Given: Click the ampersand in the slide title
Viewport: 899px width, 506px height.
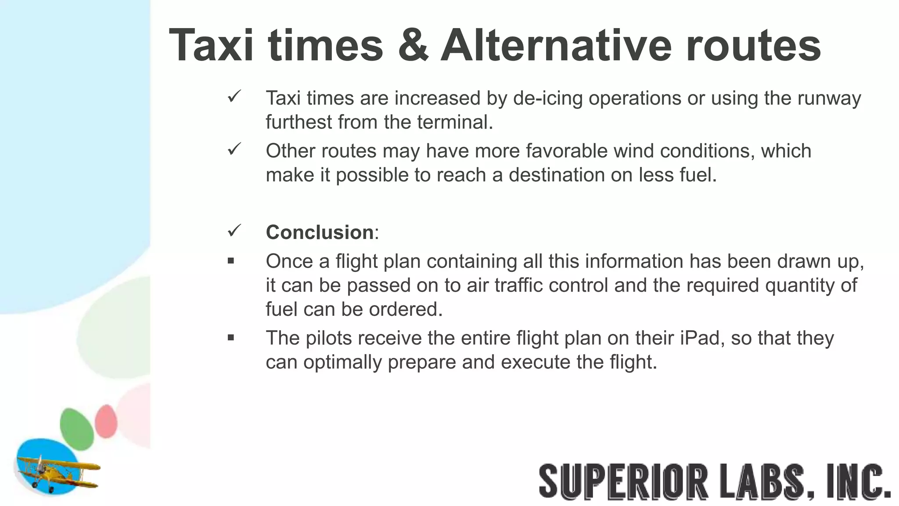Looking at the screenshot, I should [x=413, y=45].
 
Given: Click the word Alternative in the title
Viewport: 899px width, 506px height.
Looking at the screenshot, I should [x=556, y=45].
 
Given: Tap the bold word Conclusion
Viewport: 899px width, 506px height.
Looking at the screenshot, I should [x=320, y=232].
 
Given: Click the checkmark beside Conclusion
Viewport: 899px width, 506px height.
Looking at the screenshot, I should [x=234, y=231].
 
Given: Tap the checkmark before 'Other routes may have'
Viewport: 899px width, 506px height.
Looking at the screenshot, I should [x=234, y=149].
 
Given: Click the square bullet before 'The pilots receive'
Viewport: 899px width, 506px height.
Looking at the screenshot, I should [x=231, y=338].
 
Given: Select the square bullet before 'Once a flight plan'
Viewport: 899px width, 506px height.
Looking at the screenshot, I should [x=231, y=261].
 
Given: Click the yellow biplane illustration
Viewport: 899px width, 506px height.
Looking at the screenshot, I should [x=57, y=472].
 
